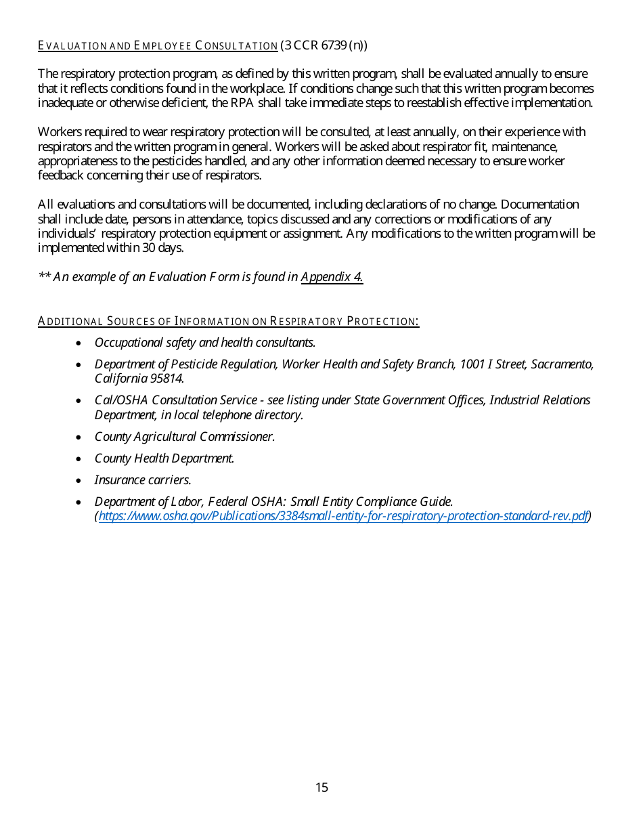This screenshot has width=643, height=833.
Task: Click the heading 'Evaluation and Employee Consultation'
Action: (x=158, y=46)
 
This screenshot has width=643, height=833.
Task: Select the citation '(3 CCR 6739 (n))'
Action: (x=324, y=46)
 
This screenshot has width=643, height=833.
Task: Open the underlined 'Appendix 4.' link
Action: (x=332, y=277)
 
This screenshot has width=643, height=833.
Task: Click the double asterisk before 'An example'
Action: (x=44, y=276)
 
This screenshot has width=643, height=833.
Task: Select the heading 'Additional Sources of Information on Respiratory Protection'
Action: (x=228, y=321)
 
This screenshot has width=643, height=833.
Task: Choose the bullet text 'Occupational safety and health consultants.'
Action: (x=205, y=343)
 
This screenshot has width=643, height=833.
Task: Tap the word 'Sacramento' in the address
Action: (x=562, y=364)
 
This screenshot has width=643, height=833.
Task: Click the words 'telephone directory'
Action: (x=260, y=414)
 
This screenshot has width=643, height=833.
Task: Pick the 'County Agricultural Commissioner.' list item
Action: (x=185, y=437)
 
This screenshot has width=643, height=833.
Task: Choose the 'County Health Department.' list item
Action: (x=164, y=458)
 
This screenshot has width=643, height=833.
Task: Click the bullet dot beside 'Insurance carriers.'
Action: (x=80, y=481)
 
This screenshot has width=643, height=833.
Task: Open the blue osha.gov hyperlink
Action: (x=343, y=516)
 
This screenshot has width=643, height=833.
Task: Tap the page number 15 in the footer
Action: (x=321, y=787)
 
